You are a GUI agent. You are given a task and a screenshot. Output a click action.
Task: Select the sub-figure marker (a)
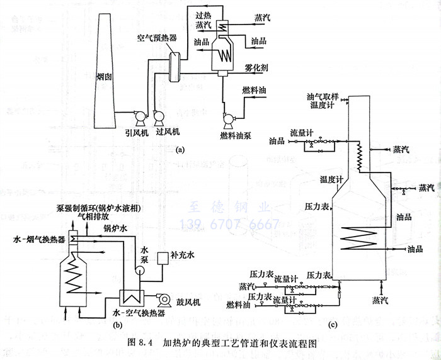[x=181, y=149]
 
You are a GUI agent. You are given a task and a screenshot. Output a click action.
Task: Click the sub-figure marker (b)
[x=117, y=325]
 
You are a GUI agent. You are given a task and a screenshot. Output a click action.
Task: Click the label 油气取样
[x=323, y=98]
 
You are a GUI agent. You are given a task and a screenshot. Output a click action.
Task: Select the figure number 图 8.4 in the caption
[x=140, y=344]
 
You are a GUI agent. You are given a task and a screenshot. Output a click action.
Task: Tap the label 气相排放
[x=91, y=215]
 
